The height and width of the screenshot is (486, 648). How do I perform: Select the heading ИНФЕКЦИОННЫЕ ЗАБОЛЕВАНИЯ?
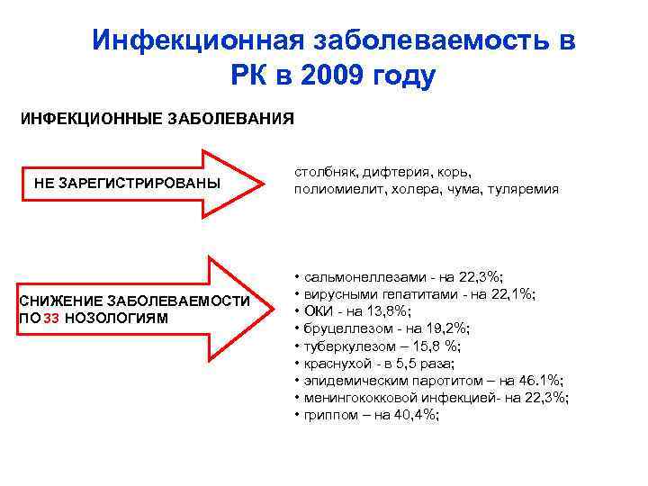(x=157, y=118)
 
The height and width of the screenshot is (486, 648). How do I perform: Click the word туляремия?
(x=526, y=189)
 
